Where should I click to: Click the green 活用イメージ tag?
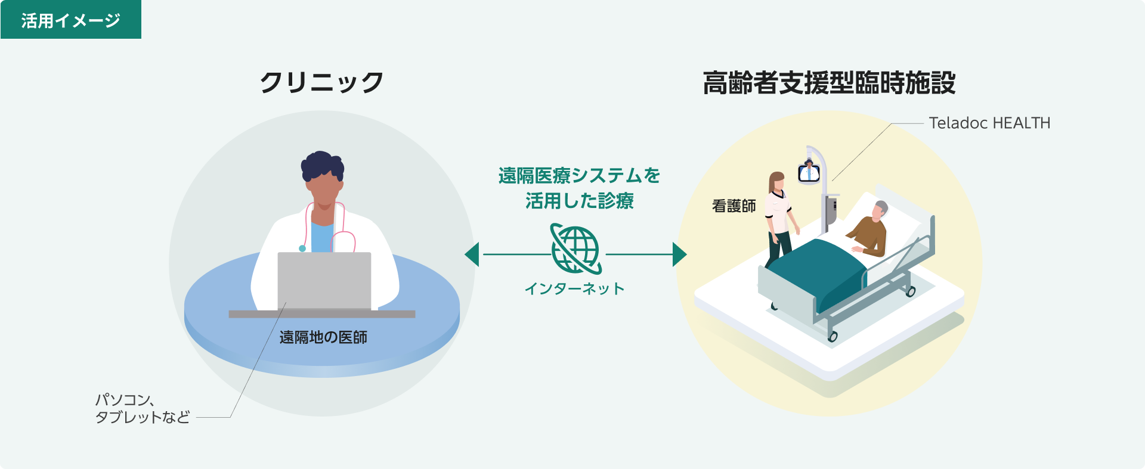pyautogui.click(x=70, y=20)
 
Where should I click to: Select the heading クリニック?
pyautogui.click(x=321, y=82)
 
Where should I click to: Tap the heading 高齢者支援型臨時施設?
pyautogui.click(x=829, y=83)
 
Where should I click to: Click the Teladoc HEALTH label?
pyautogui.click(x=989, y=123)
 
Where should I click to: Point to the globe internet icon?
pyautogui.click(x=575, y=249)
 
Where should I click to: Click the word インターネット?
pyautogui.click(x=574, y=289)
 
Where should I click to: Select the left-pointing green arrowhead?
pyautogui.click(x=472, y=254)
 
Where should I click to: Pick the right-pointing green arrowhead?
pyautogui.click(x=679, y=254)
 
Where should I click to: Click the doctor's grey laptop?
pyautogui.click(x=324, y=281)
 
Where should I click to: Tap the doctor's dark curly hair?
pyautogui.click(x=322, y=163)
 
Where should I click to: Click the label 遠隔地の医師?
pyautogui.click(x=323, y=337)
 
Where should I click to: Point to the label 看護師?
pyautogui.click(x=734, y=206)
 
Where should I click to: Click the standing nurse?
pyautogui.click(x=779, y=218)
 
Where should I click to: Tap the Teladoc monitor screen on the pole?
pyautogui.click(x=809, y=173)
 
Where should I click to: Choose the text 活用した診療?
pyautogui.click(x=579, y=201)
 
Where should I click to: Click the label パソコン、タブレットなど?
pyautogui.click(x=143, y=408)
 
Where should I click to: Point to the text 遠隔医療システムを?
pyautogui.click(x=579, y=176)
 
